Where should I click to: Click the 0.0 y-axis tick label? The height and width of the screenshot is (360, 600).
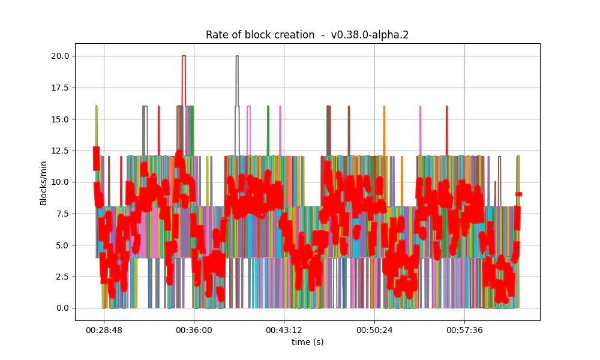click(61, 308)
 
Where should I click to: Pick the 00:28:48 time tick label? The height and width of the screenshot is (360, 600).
click(104, 330)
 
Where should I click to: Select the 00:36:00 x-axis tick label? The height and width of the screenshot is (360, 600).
click(194, 330)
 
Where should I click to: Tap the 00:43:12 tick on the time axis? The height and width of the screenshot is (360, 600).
click(284, 330)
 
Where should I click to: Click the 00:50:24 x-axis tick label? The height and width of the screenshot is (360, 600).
click(374, 330)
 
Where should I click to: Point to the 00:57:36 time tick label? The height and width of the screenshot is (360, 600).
click(464, 330)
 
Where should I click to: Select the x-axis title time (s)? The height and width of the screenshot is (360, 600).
click(307, 342)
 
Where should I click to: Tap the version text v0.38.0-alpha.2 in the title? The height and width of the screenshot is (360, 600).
click(370, 35)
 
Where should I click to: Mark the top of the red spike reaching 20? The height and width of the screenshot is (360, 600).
click(184, 56)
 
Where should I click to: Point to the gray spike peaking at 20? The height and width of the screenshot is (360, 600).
click(237, 56)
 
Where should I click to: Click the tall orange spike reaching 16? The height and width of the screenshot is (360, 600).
click(384, 107)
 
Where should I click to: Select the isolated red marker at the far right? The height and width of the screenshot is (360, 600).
click(519, 194)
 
